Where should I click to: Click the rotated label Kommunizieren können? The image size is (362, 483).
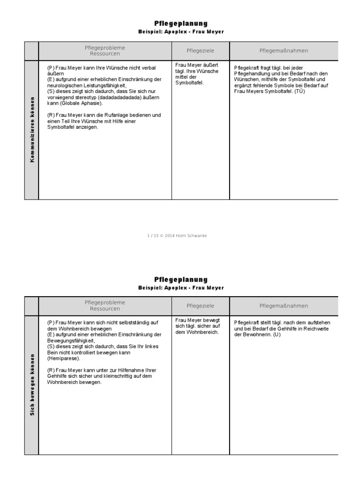(x=32, y=130)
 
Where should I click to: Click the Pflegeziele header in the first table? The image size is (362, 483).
(x=200, y=50)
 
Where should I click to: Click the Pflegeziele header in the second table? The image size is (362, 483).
(x=200, y=306)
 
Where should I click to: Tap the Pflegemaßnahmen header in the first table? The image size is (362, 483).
(x=284, y=50)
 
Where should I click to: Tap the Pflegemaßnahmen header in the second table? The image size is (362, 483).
(x=284, y=306)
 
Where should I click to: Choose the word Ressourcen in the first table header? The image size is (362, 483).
(x=105, y=54)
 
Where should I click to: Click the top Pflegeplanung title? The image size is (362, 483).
(x=181, y=24)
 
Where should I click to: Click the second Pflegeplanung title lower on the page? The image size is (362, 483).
(x=181, y=279)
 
